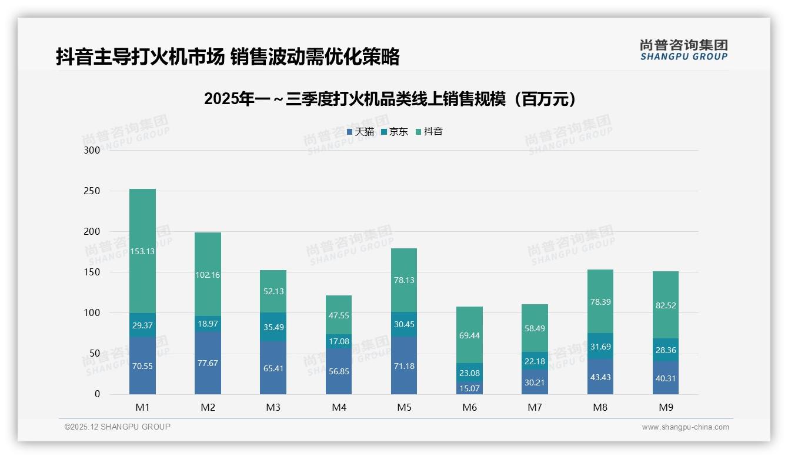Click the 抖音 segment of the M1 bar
(x=142, y=251)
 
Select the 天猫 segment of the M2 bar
(x=208, y=363)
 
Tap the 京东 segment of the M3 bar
(x=273, y=327)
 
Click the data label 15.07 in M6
(x=469, y=388)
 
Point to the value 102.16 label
(x=208, y=275)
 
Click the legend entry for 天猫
(x=360, y=132)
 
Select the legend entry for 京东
(x=395, y=132)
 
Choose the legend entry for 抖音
(x=429, y=132)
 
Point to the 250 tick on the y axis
(x=92, y=191)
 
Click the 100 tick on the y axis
(x=92, y=313)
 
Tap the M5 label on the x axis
(x=404, y=407)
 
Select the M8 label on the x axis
(x=600, y=407)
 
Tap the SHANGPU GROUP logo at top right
(x=683, y=50)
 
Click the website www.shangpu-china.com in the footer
(x=685, y=427)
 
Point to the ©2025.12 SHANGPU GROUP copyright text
(x=118, y=427)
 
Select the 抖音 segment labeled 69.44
(x=469, y=335)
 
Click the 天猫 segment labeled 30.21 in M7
(x=535, y=382)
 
